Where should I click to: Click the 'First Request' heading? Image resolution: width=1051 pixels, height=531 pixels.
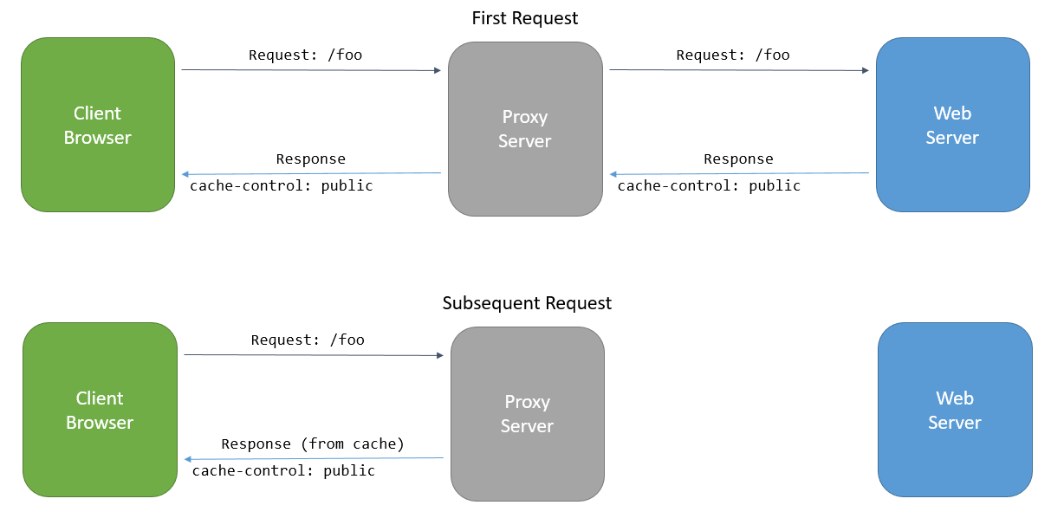click(524, 18)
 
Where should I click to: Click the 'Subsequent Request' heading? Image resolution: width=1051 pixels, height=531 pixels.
click(527, 303)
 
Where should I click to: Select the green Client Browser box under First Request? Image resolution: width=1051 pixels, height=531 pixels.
click(98, 125)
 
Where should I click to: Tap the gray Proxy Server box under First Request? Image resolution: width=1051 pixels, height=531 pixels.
click(525, 129)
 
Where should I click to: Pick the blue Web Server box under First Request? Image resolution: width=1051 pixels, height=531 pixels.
click(952, 125)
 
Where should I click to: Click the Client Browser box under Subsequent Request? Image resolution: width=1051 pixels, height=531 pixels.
click(100, 410)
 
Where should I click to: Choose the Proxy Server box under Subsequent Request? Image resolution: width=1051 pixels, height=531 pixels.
click(527, 413)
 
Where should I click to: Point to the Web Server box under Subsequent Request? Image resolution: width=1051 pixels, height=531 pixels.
click(955, 410)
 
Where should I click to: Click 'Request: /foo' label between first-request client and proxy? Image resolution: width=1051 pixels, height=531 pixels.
click(305, 55)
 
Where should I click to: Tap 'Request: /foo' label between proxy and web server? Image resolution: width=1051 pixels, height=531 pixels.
click(733, 55)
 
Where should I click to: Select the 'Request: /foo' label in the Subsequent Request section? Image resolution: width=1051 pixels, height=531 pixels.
click(308, 340)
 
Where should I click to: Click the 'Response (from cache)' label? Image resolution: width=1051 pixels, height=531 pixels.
click(313, 444)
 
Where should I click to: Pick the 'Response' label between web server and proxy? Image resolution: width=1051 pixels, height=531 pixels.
click(738, 159)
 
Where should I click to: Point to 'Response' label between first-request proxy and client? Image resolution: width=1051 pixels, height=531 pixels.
click(310, 159)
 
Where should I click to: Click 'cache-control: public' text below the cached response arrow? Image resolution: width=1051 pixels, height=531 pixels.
click(283, 471)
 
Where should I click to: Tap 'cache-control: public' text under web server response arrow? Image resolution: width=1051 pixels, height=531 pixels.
click(709, 186)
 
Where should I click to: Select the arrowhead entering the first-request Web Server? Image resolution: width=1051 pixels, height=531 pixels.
click(865, 71)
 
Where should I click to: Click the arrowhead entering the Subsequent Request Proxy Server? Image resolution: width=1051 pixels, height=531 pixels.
click(439, 355)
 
